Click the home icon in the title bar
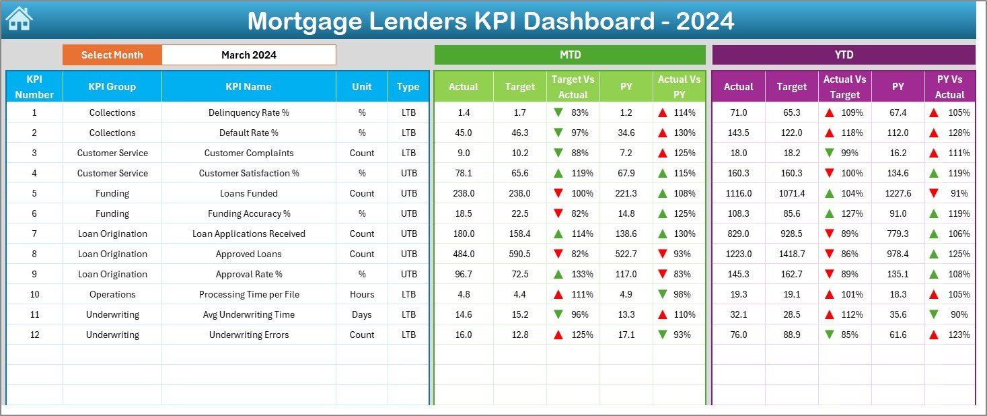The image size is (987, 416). click(20, 19)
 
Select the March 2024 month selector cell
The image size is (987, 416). click(249, 55)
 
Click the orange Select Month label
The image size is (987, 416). click(112, 55)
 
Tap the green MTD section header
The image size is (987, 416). click(570, 55)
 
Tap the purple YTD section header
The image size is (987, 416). click(844, 55)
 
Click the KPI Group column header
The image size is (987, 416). click(112, 87)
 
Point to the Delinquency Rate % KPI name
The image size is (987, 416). click(248, 112)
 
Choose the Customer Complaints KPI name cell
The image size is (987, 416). click(248, 153)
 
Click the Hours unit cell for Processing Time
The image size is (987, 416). click(362, 294)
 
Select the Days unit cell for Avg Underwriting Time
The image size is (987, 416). click(362, 314)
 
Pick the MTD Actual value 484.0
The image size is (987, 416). click(464, 254)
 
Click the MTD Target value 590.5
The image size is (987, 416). click(519, 254)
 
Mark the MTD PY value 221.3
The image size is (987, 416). click(626, 193)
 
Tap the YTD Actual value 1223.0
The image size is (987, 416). click(738, 254)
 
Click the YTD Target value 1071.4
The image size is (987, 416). click(791, 193)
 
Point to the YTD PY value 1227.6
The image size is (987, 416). click(898, 193)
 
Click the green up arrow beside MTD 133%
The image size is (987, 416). click(558, 274)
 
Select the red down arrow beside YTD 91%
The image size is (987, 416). click(934, 193)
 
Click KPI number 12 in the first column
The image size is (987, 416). click(34, 335)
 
